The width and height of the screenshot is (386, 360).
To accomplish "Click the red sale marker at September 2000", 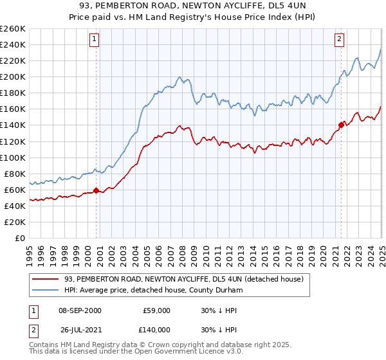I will click(x=96, y=190).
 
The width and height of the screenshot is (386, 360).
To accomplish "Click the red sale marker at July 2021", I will click(x=341, y=125).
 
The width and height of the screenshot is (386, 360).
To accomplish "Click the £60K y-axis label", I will click(x=15, y=190).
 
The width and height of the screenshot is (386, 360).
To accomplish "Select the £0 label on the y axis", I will click(x=20, y=238).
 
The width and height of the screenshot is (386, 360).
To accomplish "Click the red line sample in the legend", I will click(x=47, y=278).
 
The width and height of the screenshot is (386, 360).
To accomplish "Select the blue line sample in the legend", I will click(x=47, y=290).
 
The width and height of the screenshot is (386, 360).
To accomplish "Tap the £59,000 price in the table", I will click(x=156, y=310).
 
